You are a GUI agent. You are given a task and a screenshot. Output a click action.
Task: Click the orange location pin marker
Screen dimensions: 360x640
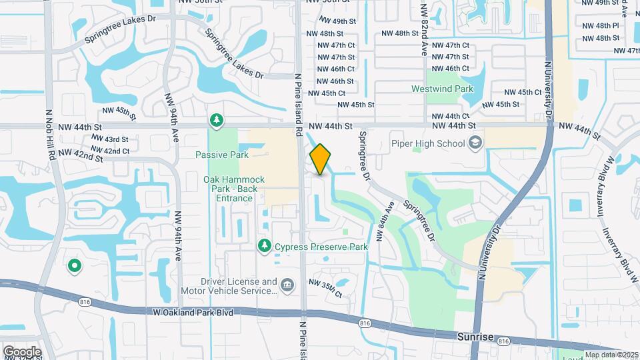click(320, 159)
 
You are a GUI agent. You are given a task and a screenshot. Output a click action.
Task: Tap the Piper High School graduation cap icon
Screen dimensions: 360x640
click(475, 143)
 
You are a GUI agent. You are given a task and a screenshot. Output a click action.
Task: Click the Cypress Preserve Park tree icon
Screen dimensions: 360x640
click(265, 247)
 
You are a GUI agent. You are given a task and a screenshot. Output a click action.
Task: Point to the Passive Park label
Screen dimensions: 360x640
click(221, 155)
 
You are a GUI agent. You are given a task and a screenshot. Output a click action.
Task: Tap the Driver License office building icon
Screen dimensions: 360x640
click(287, 285)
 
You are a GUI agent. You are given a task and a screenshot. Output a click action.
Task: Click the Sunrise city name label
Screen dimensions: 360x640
click(476, 337)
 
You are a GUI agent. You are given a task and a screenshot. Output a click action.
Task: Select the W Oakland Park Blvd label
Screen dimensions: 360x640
click(193, 311)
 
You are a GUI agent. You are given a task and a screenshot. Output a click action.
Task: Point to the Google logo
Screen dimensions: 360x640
click(21, 351)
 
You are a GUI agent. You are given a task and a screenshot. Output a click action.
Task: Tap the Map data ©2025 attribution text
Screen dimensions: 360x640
click(611, 355)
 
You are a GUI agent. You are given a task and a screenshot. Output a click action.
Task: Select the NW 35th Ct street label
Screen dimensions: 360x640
click(325, 288)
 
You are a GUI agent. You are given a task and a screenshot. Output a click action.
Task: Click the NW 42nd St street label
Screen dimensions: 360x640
click(81, 155)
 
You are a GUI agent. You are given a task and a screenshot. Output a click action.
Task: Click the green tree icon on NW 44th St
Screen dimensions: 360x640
click(216, 121)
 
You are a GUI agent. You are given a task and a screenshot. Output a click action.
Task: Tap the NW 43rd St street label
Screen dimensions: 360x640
click(111, 139)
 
